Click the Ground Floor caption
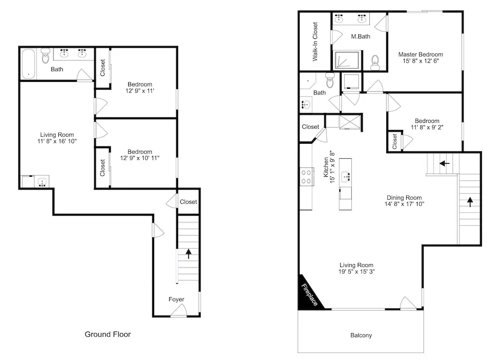108,334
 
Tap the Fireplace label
309,295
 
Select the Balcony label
361,335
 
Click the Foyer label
176,299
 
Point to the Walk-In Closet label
315,41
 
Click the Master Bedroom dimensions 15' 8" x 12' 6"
421,61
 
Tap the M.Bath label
361,36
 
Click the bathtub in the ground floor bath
29,64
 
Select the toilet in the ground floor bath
45,55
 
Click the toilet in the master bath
375,62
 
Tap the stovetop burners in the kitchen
306,177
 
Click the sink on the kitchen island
345,176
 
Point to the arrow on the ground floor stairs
189,253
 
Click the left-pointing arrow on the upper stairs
444,164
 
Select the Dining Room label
404,198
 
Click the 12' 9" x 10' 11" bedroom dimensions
140,158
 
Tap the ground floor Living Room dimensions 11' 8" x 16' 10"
57,141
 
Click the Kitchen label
326,167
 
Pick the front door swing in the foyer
179,311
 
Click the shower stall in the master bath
347,60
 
